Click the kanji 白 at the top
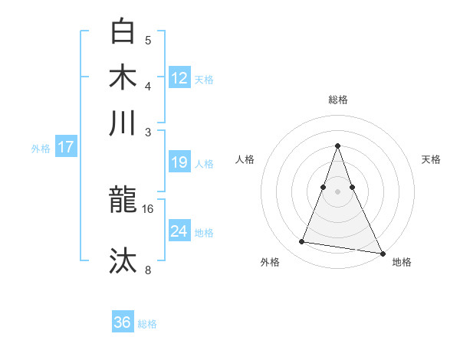click(x=123, y=33)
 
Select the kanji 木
click(x=123, y=77)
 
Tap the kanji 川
click(x=123, y=123)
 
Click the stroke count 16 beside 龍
click(x=149, y=208)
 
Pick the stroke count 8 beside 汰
click(x=149, y=269)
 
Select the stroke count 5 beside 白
click(x=148, y=41)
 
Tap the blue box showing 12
click(x=179, y=77)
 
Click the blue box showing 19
click(x=179, y=162)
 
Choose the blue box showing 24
click(x=179, y=231)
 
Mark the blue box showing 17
click(x=65, y=147)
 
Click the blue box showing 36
click(x=123, y=322)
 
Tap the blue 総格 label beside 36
click(x=147, y=324)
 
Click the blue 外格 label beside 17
click(x=41, y=149)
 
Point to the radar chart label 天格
click(x=432, y=159)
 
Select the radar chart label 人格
click(x=245, y=159)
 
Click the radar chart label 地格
click(x=402, y=263)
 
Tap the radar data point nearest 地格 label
click(x=381, y=253)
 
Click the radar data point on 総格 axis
click(x=338, y=146)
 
